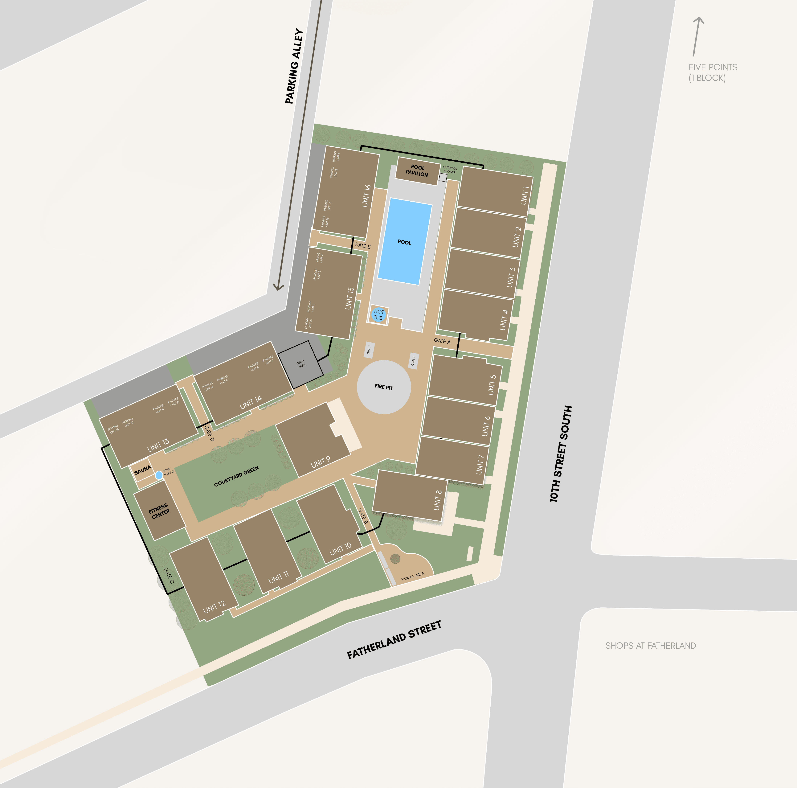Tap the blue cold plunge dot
coord(159,475)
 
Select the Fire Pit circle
coord(384,387)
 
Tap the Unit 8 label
coord(438,500)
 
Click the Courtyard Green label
coord(236,477)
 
